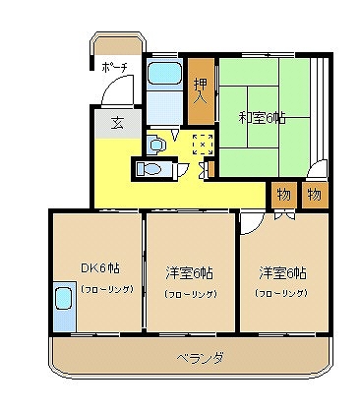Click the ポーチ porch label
coord(114,67)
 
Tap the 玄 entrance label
coord(116,123)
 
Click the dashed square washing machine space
coord(201,144)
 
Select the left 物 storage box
coord(283,194)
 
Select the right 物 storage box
coord(314,194)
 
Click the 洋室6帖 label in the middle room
coord(191,272)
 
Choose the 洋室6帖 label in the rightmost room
coord(282,271)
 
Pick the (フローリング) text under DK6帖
coord(98,290)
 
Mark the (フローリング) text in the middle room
coord(191,294)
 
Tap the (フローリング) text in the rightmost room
coord(282,293)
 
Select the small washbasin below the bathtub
coord(156,145)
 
